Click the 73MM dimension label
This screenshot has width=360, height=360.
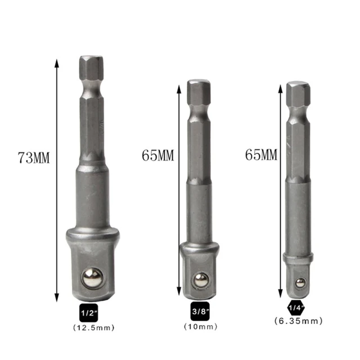coord(33,158)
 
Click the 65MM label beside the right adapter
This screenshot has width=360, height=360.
coord(262,155)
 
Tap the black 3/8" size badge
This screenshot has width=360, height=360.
coord(199,312)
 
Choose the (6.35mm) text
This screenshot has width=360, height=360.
coord(298,321)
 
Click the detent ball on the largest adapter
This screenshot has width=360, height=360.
coord(91,277)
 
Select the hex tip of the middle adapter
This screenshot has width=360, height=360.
coord(199,90)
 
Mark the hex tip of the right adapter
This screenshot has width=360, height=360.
coord(298,93)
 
